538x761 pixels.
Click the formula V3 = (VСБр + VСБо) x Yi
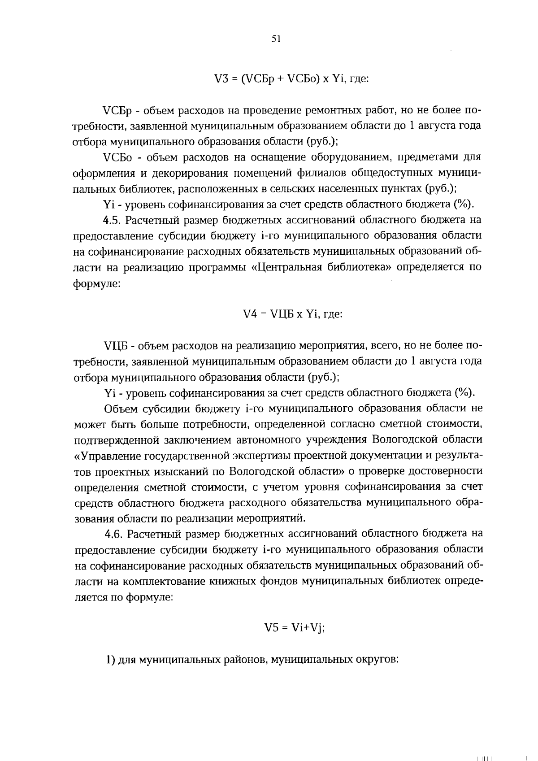click(x=291, y=79)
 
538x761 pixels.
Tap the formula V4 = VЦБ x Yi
click(x=292, y=314)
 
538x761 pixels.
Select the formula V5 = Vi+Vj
click(x=294, y=628)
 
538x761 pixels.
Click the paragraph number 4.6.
click(x=114, y=534)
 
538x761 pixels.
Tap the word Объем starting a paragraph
click(x=119, y=409)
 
